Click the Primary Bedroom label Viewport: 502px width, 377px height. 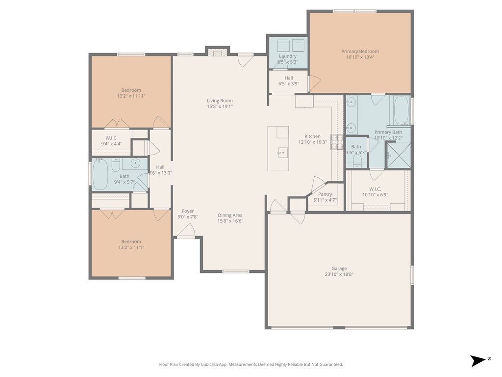[360, 51]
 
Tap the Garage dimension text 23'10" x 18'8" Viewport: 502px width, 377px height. [339, 274]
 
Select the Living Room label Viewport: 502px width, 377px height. [220, 101]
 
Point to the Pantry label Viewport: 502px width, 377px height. [325, 194]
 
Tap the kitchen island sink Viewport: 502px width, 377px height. [283, 153]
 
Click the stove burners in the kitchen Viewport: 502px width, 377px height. [337, 142]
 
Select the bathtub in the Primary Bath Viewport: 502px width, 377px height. [402, 110]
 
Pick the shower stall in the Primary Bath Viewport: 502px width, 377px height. [399, 156]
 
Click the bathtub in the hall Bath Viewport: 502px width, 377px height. [100, 175]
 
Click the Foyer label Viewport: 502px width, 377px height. [188, 211]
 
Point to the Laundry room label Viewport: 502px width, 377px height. [287, 56]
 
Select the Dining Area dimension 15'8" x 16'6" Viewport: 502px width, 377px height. [230, 221]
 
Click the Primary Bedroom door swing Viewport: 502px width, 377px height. [314, 83]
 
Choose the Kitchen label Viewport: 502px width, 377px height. [312, 136]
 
